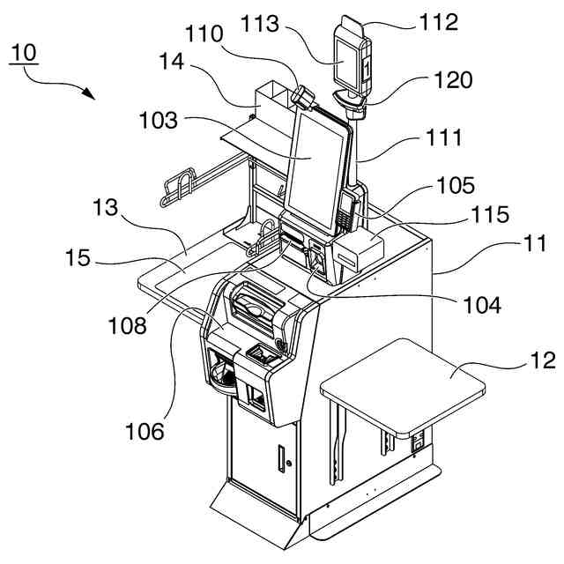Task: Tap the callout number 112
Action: pyautogui.click(x=438, y=21)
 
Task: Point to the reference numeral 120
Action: pyautogui.click(x=453, y=80)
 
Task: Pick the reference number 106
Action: pyautogui.click(x=145, y=431)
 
